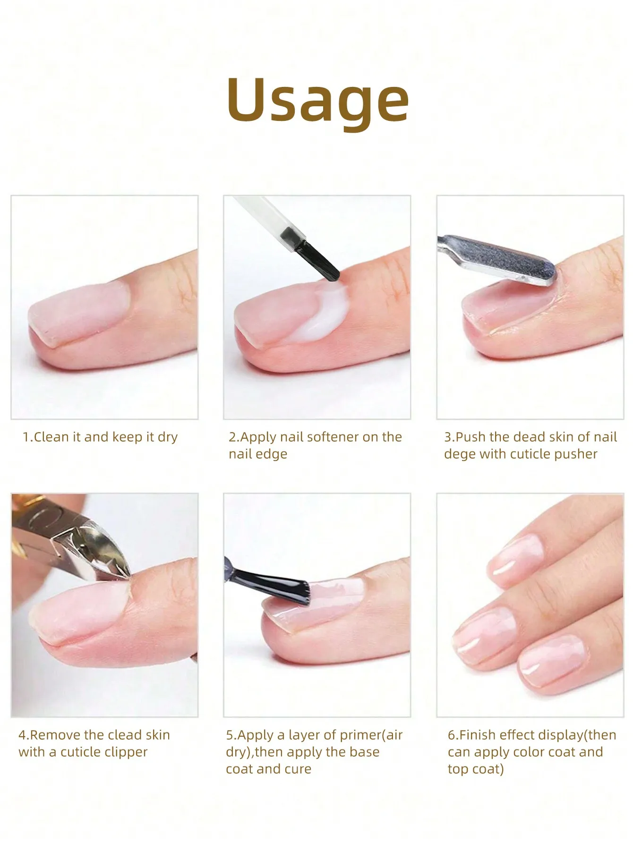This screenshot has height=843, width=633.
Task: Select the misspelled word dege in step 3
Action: click(459, 454)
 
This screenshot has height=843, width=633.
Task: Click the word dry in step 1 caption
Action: click(168, 437)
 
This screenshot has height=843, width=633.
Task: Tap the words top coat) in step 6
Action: click(476, 769)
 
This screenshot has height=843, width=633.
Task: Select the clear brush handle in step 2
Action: click(265, 217)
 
